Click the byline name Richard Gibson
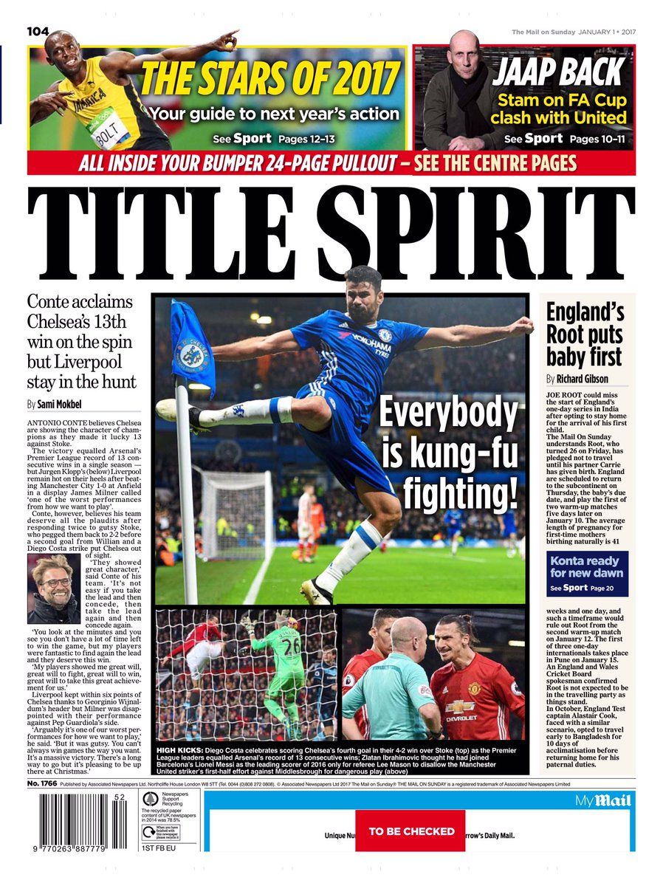click(583, 379)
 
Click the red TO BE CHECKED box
click(411, 831)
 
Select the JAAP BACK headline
click(559, 72)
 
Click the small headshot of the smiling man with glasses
click(52, 588)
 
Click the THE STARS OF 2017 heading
click(270, 79)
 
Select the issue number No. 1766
click(42, 783)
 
